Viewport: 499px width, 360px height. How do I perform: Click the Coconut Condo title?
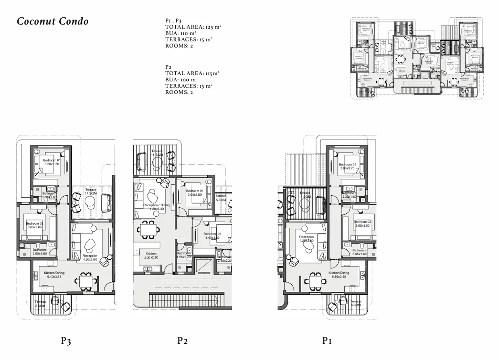(53, 22)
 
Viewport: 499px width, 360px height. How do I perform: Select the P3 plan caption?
(66, 341)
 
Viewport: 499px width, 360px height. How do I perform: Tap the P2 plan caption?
(183, 341)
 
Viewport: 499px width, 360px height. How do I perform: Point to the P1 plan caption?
(327, 341)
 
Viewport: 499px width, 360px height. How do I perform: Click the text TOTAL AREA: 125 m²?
(193, 27)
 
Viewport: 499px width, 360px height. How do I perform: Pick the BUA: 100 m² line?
(181, 80)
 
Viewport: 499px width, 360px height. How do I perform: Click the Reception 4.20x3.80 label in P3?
(90, 258)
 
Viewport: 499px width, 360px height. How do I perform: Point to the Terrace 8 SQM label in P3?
(40, 304)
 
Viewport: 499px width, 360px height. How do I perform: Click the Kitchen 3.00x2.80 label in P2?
(151, 256)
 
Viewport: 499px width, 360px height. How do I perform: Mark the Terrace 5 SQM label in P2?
(221, 198)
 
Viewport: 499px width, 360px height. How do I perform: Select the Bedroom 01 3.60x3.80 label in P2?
(194, 193)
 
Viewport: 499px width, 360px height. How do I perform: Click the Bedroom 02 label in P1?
(362, 224)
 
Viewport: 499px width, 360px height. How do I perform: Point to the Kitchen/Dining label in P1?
(340, 275)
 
